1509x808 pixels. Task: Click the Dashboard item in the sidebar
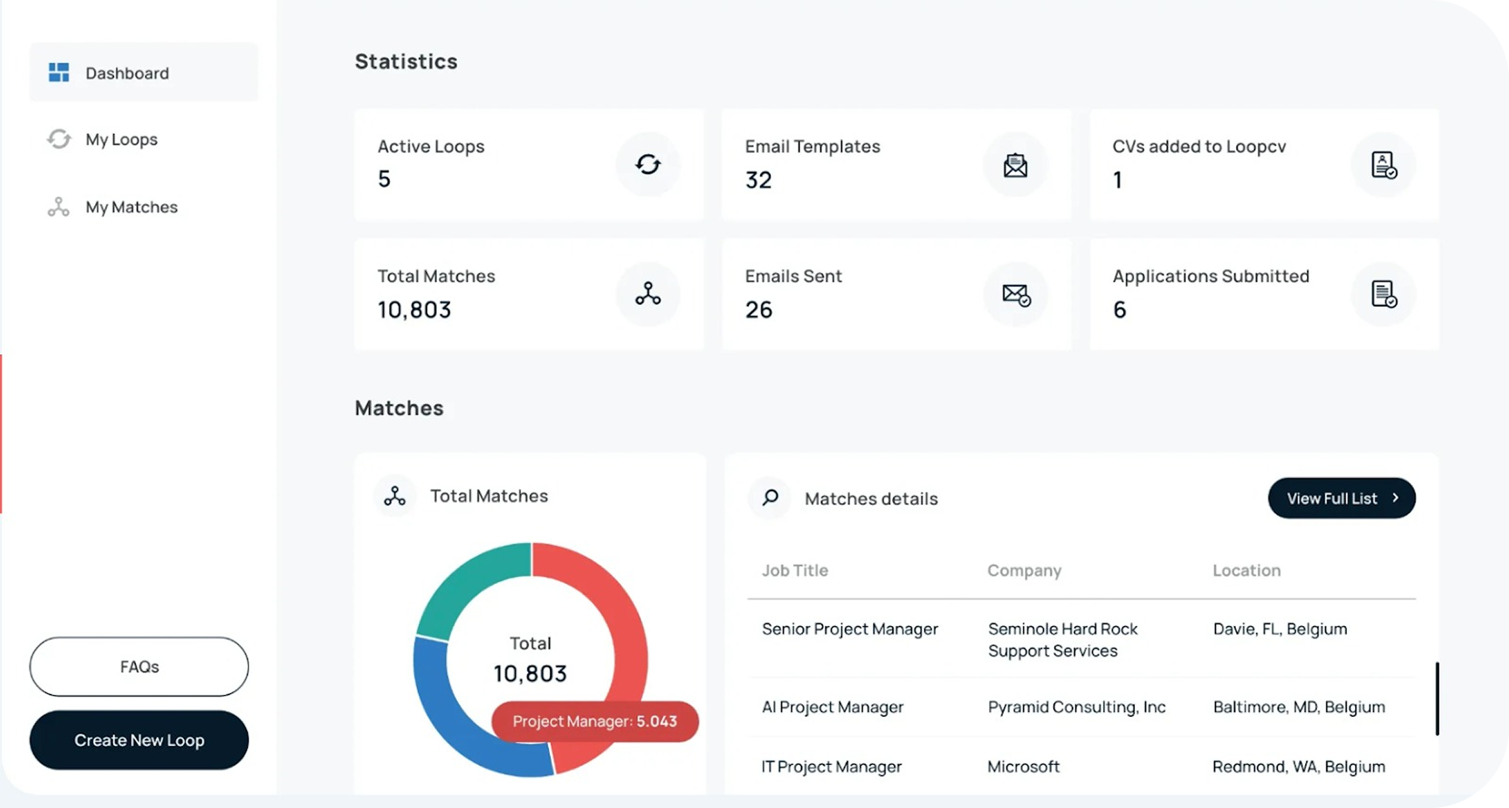(x=126, y=73)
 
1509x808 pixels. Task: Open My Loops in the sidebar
(x=121, y=140)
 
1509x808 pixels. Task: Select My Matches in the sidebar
(x=131, y=207)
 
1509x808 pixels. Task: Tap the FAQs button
(x=139, y=666)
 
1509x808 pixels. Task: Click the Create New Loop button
(x=139, y=740)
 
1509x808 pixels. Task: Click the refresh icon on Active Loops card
(x=648, y=164)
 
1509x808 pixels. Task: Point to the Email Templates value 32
(x=758, y=180)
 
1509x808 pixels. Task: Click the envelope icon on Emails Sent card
(x=1016, y=294)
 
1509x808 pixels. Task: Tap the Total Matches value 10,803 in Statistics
(x=414, y=310)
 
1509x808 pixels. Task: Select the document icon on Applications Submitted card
(x=1383, y=294)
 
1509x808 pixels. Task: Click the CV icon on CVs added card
(x=1383, y=165)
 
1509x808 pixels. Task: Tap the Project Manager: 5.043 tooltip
(x=594, y=722)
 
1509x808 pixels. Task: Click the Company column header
(x=1024, y=570)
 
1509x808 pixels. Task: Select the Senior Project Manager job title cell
(x=849, y=629)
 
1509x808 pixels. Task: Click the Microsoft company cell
(x=1023, y=767)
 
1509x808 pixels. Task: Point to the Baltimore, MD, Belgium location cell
(x=1299, y=707)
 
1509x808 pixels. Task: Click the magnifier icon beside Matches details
(x=770, y=498)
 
